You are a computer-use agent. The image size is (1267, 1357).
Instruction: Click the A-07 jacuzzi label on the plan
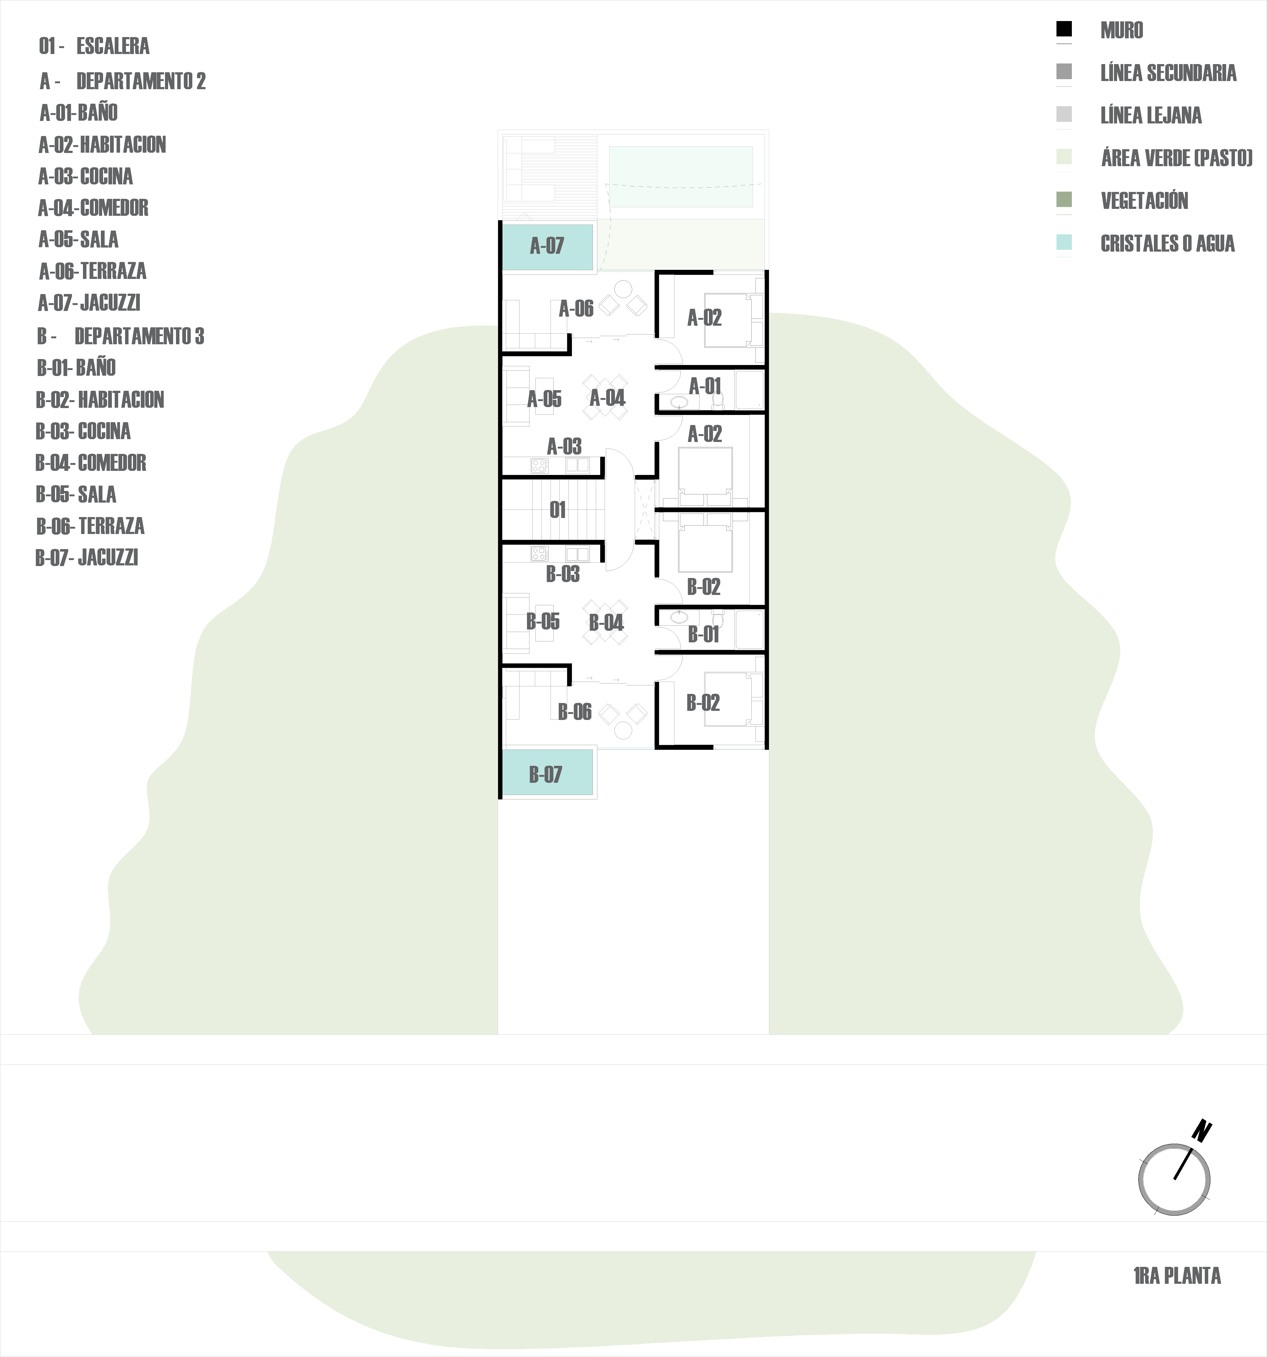[x=547, y=246]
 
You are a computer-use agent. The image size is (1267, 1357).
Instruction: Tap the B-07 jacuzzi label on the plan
[x=545, y=775]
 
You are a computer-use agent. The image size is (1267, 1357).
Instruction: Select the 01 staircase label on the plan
[x=557, y=510]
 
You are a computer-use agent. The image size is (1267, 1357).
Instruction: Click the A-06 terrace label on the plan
[x=576, y=309]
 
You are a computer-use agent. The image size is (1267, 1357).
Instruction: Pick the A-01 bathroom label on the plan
[x=705, y=386]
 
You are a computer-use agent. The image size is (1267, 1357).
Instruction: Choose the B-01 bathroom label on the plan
[x=704, y=635]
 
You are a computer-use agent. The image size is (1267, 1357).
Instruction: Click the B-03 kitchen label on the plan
[x=563, y=574]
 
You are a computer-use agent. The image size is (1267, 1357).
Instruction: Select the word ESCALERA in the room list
[x=113, y=46]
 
